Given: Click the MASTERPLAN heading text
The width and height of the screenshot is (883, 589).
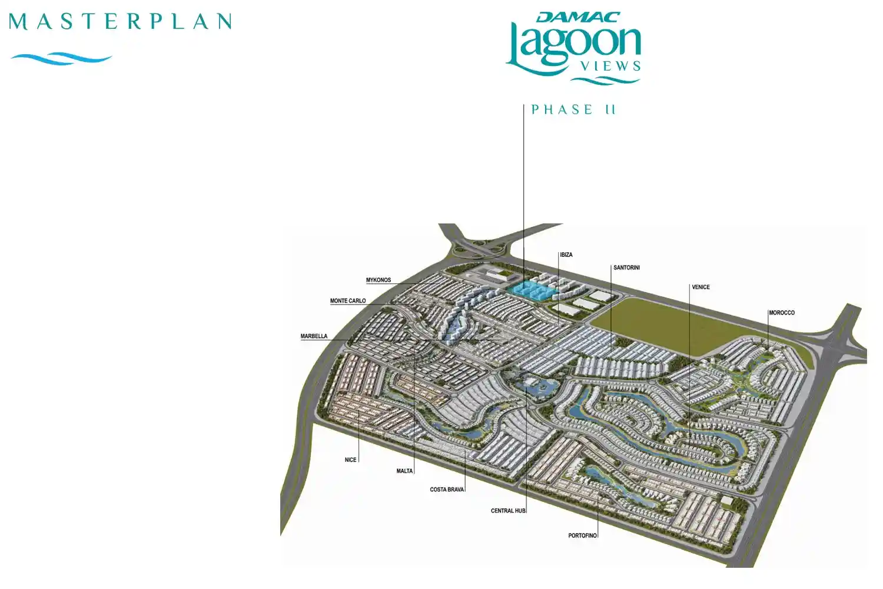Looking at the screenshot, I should (121, 22).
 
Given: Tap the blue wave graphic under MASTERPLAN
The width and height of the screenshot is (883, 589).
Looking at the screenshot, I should (61, 58).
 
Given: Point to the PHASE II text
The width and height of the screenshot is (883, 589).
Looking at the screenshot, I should (573, 110).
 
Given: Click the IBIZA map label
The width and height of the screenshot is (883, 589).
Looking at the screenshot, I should (566, 255).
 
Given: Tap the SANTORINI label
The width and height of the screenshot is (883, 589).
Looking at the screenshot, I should (626, 268).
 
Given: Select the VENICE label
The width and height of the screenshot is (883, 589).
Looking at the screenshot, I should (701, 287).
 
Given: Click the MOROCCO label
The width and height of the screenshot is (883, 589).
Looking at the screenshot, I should (782, 313).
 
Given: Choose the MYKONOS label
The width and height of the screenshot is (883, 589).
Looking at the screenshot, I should (379, 280).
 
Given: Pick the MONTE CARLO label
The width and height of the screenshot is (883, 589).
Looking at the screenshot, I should (348, 301).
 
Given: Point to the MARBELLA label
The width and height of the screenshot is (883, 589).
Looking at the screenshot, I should (314, 336).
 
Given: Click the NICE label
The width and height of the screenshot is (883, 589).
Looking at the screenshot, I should (350, 460).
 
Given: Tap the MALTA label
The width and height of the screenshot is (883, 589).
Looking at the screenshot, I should (404, 471).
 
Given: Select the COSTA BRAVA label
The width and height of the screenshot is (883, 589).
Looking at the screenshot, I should (447, 489).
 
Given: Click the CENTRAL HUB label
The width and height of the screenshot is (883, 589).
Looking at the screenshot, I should (508, 511).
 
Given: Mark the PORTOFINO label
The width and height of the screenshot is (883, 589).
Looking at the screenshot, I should (582, 536).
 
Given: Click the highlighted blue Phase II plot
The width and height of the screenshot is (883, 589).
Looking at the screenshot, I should (530, 290).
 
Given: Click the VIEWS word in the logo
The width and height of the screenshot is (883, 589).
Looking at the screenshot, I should (610, 67).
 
